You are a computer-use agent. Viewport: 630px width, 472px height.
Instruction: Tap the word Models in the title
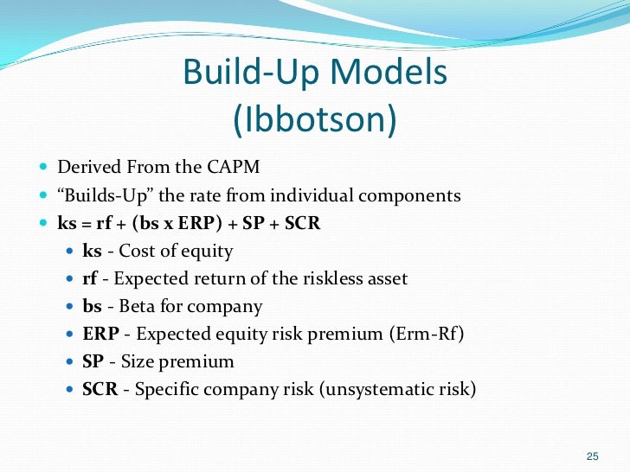click(x=388, y=73)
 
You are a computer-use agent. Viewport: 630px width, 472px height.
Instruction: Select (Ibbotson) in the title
click(x=315, y=120)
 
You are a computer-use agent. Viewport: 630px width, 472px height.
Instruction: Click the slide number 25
click(x=593, y=456)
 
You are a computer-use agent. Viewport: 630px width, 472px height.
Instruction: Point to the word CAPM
click(x=231, y=167)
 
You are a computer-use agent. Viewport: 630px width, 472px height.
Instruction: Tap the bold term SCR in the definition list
click(x=101, y=389)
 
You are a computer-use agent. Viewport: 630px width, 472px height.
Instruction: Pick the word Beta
click(x=132, y=306)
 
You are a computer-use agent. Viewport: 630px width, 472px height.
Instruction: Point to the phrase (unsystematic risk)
click(x=398, y=389)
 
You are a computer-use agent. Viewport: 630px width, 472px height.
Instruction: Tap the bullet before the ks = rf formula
click(x=44, y=223)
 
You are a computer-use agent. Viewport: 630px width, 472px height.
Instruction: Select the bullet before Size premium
click(x=70, y=362)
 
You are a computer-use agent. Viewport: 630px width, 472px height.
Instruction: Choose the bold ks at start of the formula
click(x=67, y=222)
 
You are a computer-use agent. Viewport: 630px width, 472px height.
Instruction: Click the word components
click(x=412, y=195)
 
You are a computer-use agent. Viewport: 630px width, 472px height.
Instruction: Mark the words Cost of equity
click(x=176, y=251)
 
